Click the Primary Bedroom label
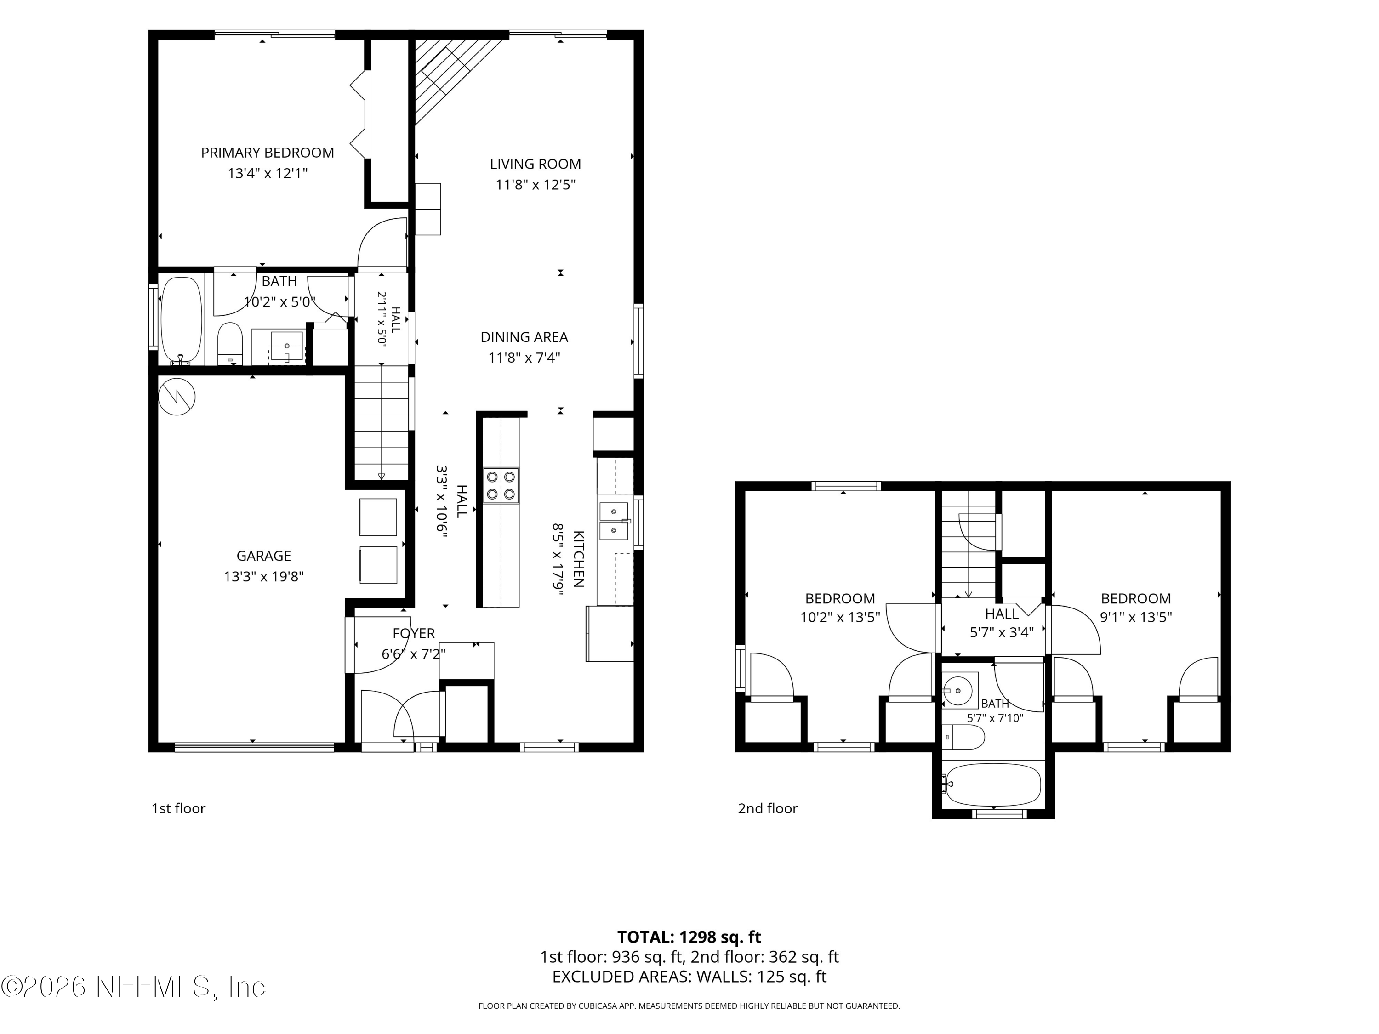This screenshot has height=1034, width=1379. click(268, 153)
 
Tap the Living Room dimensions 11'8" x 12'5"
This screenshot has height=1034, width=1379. click(535, 184)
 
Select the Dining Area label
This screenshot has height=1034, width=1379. click(524, 337)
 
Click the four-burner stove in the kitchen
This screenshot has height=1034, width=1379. click(501, 486)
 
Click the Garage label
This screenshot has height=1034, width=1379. click(264, 556)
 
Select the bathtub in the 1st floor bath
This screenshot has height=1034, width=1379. click(182, 321)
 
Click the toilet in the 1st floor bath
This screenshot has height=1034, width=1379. click(230, 343)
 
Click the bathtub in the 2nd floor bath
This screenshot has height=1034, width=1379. click(992, 784)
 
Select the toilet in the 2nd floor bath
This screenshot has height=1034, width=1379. click(963, 737)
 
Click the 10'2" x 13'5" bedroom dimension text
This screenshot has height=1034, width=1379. click(840, 618)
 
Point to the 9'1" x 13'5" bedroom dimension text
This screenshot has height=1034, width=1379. click(1136, 618)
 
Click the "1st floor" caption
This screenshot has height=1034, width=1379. click(178, 809)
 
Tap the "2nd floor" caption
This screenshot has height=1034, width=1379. click(768, 809)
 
